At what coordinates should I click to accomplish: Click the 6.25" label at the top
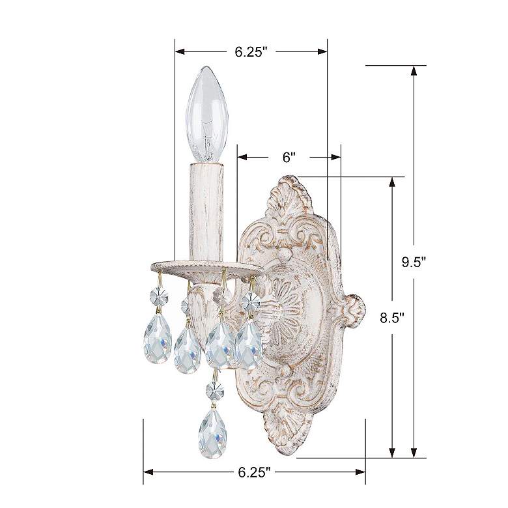tap(251, 52)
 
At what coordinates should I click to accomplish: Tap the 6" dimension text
tap(289, 157)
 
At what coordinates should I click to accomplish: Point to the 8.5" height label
tap(393, 317)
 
